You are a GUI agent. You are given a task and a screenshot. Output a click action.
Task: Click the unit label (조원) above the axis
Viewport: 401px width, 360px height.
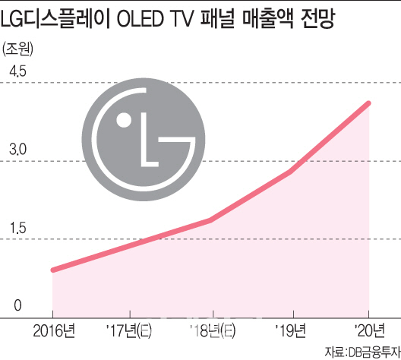pyautogui.click(x=18, y=51)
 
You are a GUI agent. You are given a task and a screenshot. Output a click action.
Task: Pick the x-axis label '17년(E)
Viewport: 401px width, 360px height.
pyautogui.click(x=131, y=330)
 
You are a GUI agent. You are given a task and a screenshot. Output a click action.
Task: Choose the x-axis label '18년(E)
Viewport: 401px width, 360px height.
pyautogui.click(x=211, y=330)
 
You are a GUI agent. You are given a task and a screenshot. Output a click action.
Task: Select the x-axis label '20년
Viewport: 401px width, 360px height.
pyautogui.click(x=369, y=330)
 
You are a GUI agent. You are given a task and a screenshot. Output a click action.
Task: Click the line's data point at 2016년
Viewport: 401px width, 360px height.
pyautogui.click(x=52, y=270)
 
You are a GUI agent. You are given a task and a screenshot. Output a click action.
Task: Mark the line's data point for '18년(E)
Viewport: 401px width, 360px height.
pyautogui.click(x=211, y=220)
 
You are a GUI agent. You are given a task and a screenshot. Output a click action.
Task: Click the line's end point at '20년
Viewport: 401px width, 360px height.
pyautogui.click(x=369, y=103)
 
